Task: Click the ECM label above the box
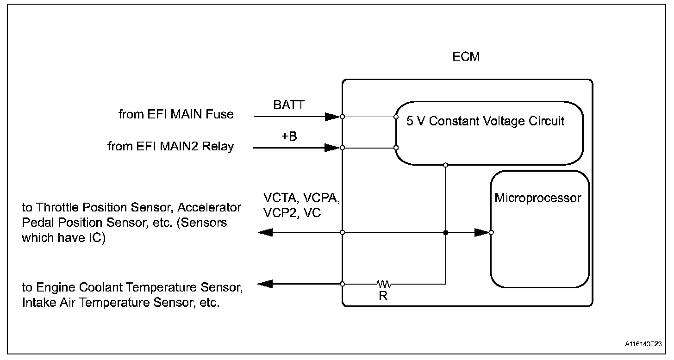click(x=466, y=57)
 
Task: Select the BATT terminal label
click(x=289, y=105)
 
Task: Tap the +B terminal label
click(x=288, y=137)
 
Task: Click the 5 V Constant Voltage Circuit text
click(x=485, y=121)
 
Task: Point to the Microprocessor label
click(x=537, y=199)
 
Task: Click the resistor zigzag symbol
click(x=384, y=283)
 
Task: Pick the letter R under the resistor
click(x=383, y=297)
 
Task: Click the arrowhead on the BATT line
click(x=332, y=117)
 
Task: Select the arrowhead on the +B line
click(x=332, y=148)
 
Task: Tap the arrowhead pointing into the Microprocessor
click(x=481, y=232)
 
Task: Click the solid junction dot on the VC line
click(x=445, y=232)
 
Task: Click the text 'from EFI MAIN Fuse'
click(x=176, y=114)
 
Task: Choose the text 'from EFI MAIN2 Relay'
click(x=170, y=147)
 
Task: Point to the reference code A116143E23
click(x=642, y=344)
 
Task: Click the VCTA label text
click(x=282, y=198)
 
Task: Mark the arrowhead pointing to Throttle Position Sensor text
click(x=265, y=232)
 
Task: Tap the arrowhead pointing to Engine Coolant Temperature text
click(x=265, y=283)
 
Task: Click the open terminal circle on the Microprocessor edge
click(x=491, y=232)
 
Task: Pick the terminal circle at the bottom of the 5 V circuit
click(x=445, y=165)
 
